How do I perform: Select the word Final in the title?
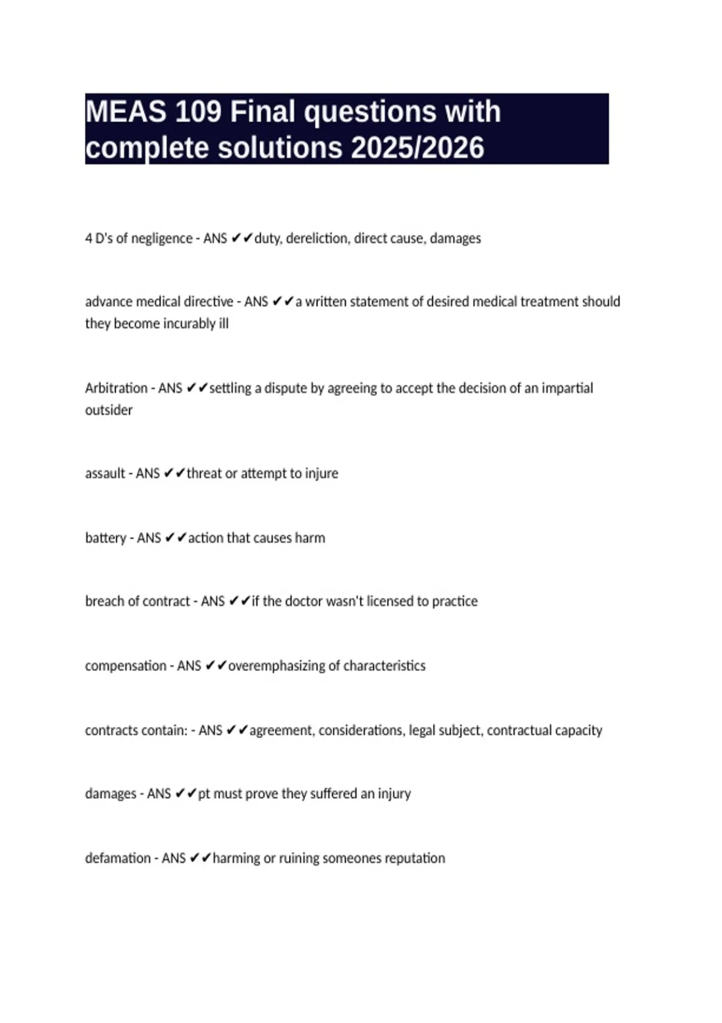263,112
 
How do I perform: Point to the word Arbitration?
116,388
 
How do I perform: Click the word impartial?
567,388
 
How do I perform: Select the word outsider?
108,410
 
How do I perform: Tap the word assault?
105,474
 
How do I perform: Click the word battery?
105,538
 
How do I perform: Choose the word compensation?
125,666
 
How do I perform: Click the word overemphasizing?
276,666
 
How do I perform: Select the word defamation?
117,858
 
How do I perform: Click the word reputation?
415,858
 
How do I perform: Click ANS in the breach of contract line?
212,601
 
